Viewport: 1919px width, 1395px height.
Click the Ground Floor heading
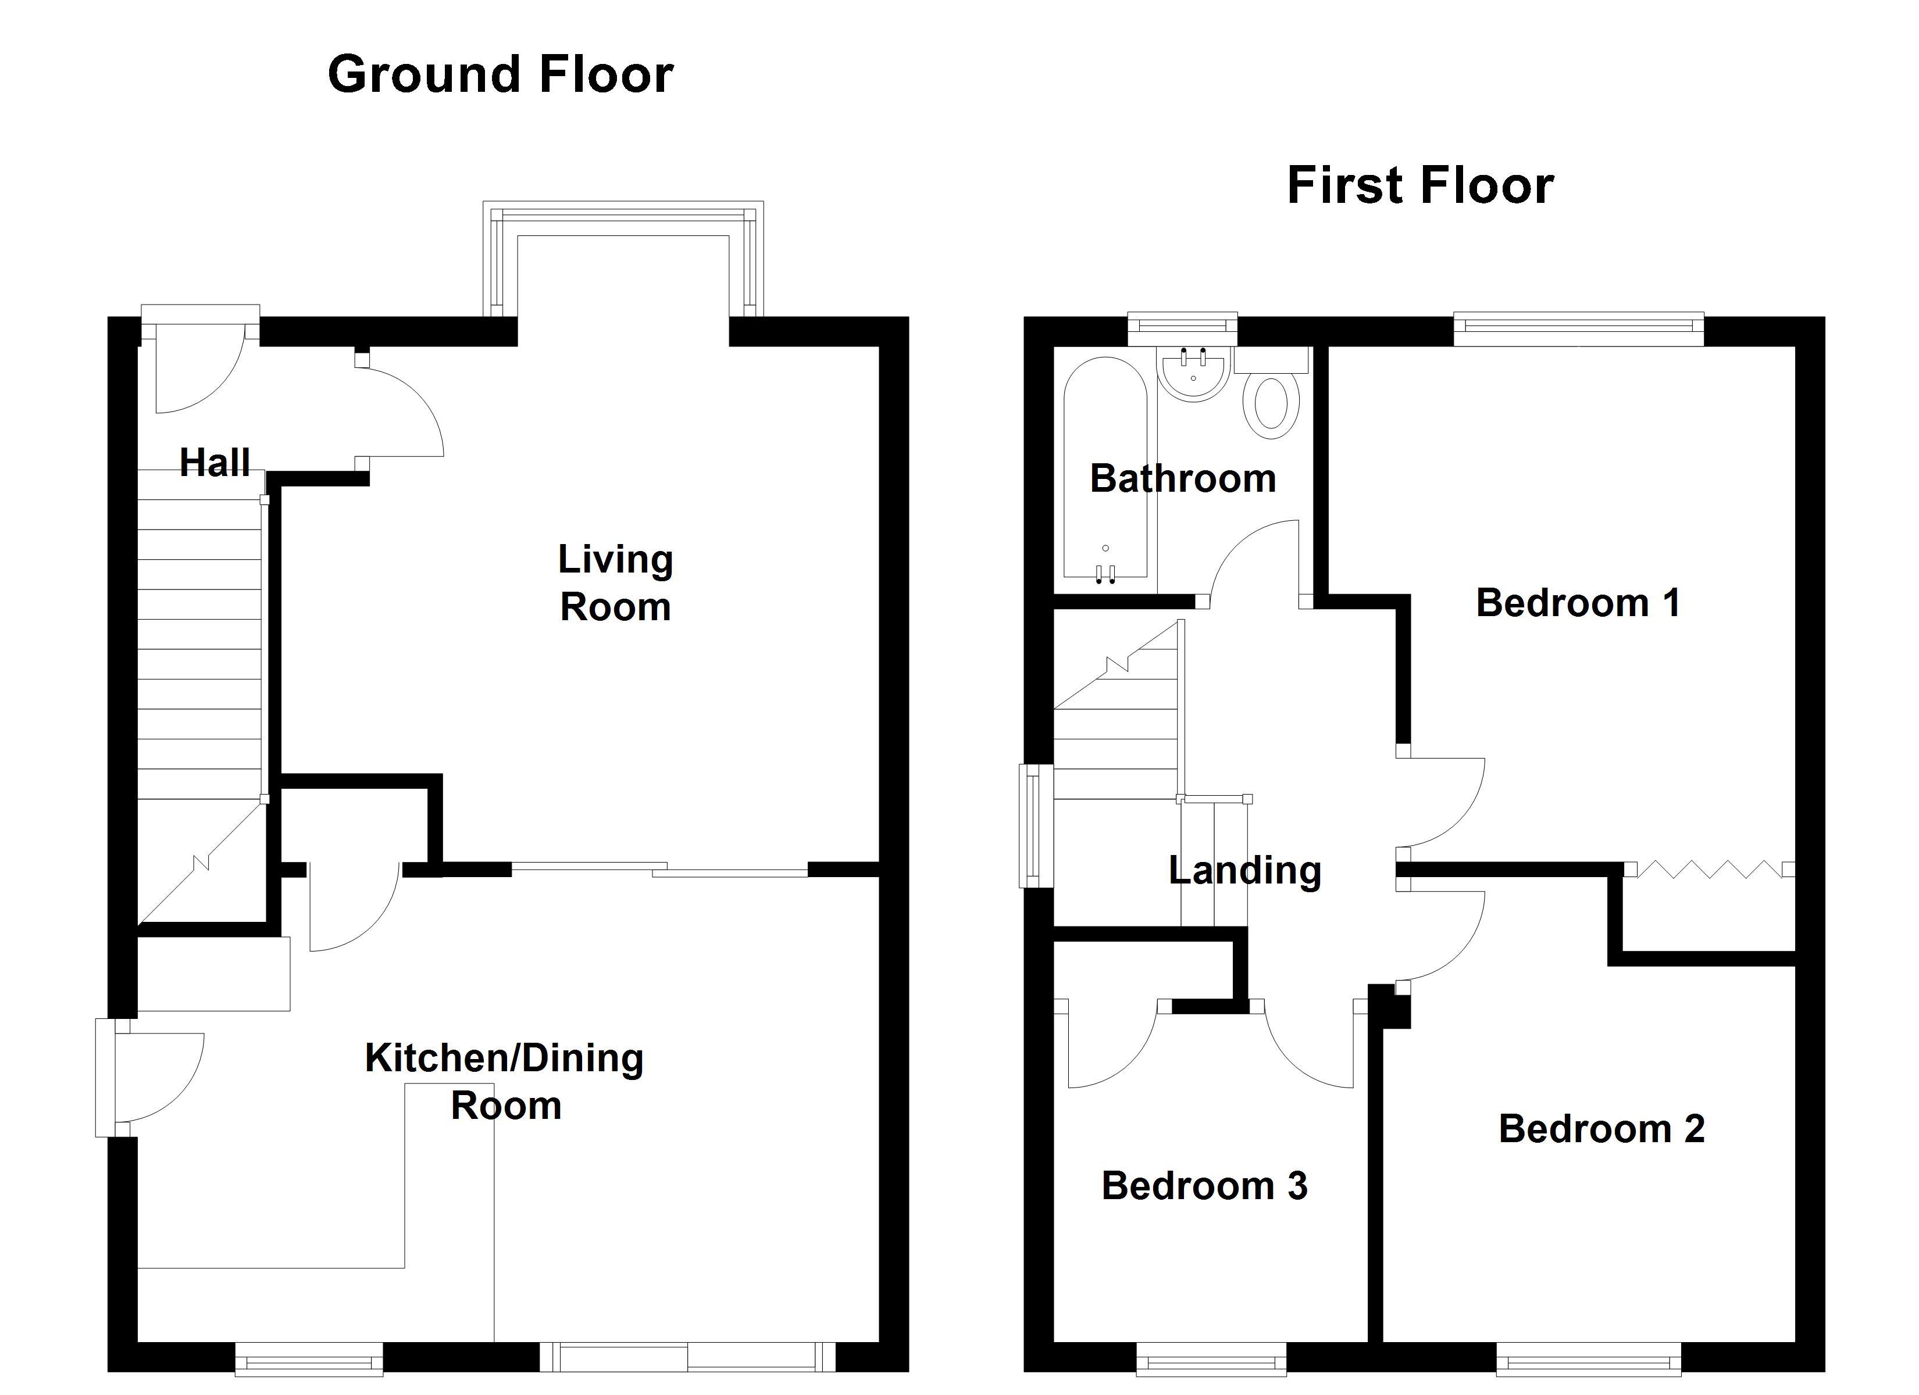point(500,74)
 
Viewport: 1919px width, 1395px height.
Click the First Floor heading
point(1420,186)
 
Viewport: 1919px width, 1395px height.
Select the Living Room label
point(615,583)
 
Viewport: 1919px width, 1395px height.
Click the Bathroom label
point(1182,479)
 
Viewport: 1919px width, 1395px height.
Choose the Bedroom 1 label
point(1577,603)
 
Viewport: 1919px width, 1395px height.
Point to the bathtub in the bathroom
point(1105,474)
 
